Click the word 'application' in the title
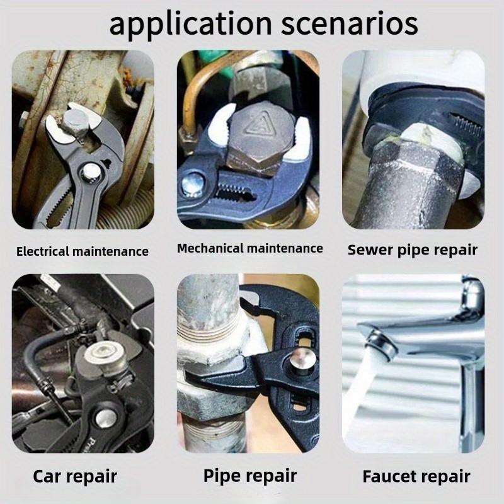[191, 25]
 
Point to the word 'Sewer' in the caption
[370, 250]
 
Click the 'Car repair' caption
[75, 476]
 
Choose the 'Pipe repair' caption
[249, 476]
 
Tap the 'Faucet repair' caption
[416, 476]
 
